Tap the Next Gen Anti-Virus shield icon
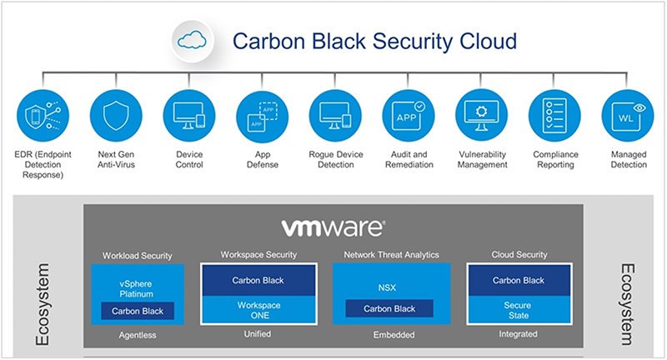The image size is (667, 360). point(113,116)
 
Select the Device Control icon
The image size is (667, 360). point(187,116)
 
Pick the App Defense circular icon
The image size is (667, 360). point(260,116)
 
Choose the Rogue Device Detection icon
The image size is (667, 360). point(333,116)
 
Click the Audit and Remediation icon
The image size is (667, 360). point(407,116)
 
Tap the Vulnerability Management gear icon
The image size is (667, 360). point(480,116)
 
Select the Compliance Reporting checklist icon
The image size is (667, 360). point(554,116)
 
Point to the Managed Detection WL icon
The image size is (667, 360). point(627,116)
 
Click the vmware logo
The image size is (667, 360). point(333,228)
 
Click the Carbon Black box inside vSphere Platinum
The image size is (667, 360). point(138,311)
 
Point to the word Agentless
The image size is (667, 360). point(137,335)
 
